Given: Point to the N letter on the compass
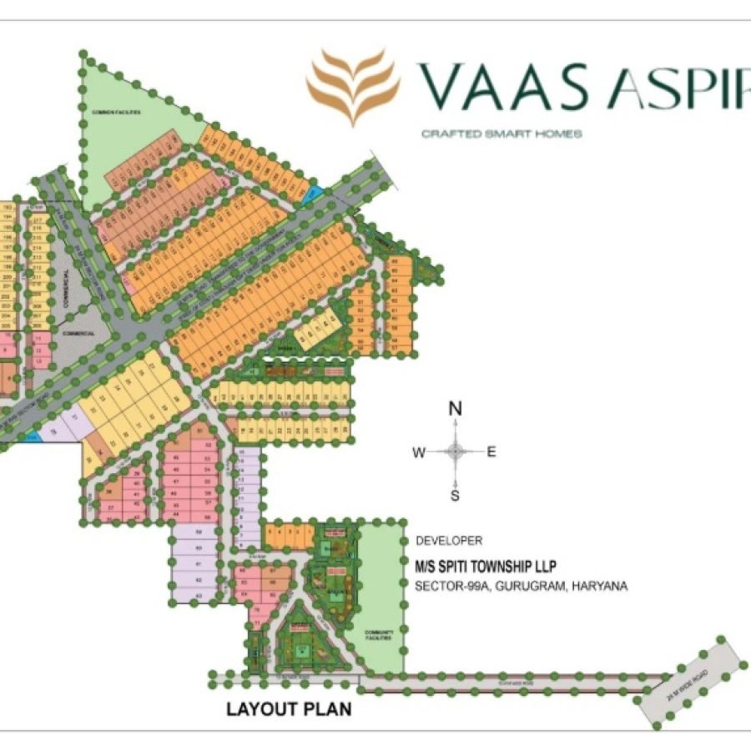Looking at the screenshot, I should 456,409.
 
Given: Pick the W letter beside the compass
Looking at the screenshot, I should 419,452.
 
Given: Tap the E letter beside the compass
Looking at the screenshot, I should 492,452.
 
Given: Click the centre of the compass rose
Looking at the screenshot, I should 456,452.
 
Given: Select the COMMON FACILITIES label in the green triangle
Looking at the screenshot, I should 117,111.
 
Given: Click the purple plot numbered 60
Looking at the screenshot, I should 199,547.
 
